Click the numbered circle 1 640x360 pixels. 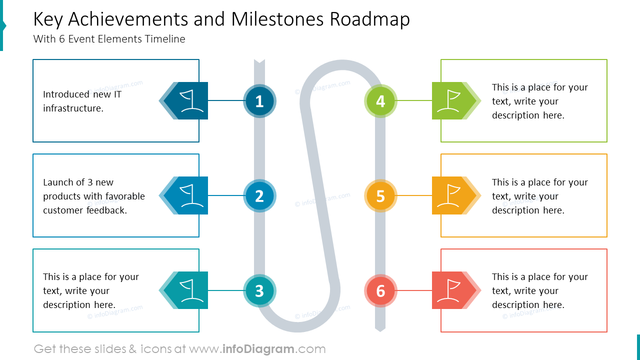pyautogui.click(x=259, y=101)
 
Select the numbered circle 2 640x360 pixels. pyautogui.click(x=259, y=195)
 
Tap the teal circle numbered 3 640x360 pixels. pyautogui.click(x=259, y=290)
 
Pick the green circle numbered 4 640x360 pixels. pyautogui.click(x=380, y=101)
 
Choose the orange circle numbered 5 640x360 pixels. pyautogui.click(x=380, y=195)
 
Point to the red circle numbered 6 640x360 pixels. pyautogui.click(x=380, y=290)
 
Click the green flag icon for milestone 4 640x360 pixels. pyautogui.click(x=448, y=100)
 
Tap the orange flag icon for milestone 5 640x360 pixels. pyautogui.click(x=448, y=195)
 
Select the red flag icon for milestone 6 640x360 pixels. pyautogui.click(x=448, y=290)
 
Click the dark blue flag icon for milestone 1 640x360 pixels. pyautogui.click(x=191, y=100)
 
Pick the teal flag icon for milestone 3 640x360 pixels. pyautogui.click(x=191, y=290)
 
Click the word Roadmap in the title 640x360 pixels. pyautogui.click(x=369, y=19)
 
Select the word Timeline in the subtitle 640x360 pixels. pyautogui.click(x=165, y=39)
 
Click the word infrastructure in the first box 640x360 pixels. pyautogui.click(x=73, y=108)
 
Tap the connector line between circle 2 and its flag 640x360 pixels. pyautogui.click(x=225, y=195)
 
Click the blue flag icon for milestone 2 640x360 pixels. pyautogui.click(x=191, y=195)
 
